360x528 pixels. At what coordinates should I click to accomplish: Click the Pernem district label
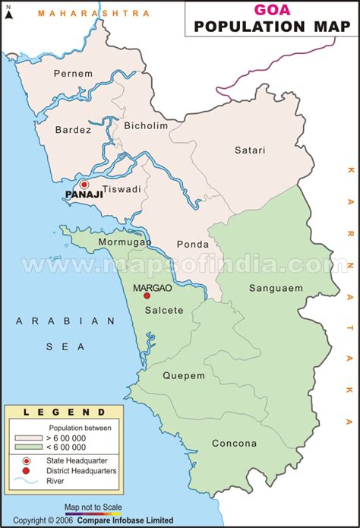point(73,74)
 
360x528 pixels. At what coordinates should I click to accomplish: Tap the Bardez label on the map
point(73,130)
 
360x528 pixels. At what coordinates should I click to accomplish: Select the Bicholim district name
point(146,125)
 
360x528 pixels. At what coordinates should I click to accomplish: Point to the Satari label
point(250,150)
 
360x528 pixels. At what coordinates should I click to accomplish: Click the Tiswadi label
point(122,189)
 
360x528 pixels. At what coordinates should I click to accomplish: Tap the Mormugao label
point(125,242)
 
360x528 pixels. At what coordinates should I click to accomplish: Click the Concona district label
point(234,443)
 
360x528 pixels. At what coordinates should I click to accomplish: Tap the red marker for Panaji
point(84,184)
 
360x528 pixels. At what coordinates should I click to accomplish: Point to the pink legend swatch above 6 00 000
point(26,438)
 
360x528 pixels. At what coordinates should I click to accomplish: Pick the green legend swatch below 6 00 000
point(26,448)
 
